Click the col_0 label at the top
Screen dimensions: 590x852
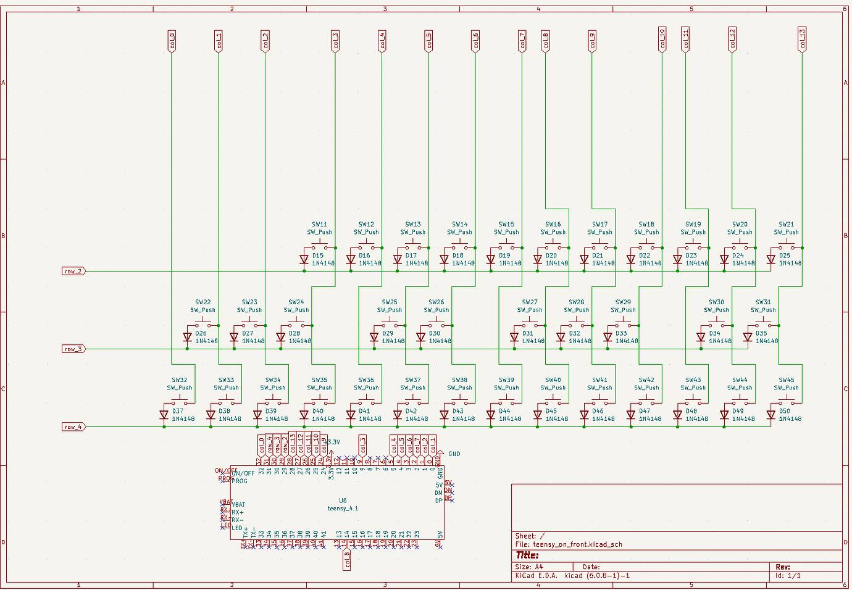point(172,41)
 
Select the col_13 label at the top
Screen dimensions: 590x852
point(802,39)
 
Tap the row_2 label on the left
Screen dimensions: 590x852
point(73,271)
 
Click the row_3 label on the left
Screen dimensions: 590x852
point(73,349)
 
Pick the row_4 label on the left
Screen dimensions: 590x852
point(73,426)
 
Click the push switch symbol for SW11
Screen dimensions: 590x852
point(320,246)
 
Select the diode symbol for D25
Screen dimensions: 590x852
point(771,260)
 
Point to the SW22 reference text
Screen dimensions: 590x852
point(203,302)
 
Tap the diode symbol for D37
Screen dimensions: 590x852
point(164,415)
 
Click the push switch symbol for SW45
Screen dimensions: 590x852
point(787,401)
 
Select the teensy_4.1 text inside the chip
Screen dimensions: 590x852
point(343,509)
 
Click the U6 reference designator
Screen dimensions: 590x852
point(343,501)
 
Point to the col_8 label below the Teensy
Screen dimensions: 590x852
point(347,559)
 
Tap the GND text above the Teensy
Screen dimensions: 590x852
point(454,454)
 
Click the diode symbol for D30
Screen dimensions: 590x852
point(421,338)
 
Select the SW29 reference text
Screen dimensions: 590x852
point(623,302)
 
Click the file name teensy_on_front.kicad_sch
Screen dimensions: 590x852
point(577,544)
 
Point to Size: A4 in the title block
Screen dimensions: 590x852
point(529,567)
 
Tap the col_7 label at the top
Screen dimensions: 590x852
point(522,41)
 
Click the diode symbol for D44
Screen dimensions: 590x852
point(491,415)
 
